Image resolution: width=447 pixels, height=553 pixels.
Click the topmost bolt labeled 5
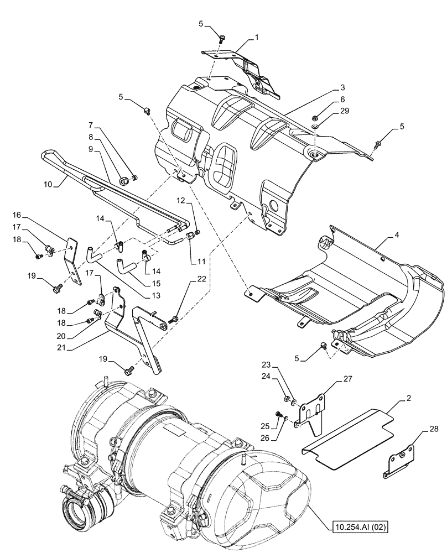[222, 39]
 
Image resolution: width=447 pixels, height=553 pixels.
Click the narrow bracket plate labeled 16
[74, 259]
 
